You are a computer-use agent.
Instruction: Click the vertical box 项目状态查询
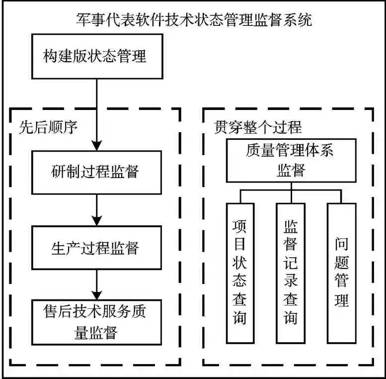tap(240, 273)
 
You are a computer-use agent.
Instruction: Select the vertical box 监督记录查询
tap(291, 273)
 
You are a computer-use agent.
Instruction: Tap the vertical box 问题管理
tap(341, 273)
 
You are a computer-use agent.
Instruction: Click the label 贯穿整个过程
tap(258, 127)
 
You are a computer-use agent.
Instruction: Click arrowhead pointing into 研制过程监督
tap(97, 145)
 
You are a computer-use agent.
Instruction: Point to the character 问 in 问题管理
tap(341, 244)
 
